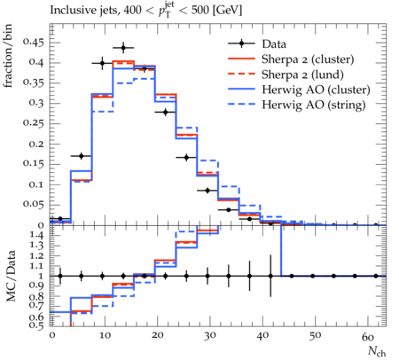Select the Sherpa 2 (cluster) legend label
[308, 59]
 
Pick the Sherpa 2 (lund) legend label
[302, 74]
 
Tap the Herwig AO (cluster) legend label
[316, 90]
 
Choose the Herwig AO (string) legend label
[314, 105]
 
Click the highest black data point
[123, 48]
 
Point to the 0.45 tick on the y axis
[33, 43]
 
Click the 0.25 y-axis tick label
[33, 123]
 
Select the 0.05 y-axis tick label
[33, 205]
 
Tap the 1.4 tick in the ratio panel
[37, 236]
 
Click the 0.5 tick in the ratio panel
[37, 325]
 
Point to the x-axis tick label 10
[105, 336]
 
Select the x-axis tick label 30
[210, 336]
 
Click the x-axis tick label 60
[368, 336]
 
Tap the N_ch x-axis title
[377, 352]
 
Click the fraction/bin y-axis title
[8, 56]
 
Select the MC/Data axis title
[11, 276]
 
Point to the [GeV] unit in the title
[227, 11]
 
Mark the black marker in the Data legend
[241, 43]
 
